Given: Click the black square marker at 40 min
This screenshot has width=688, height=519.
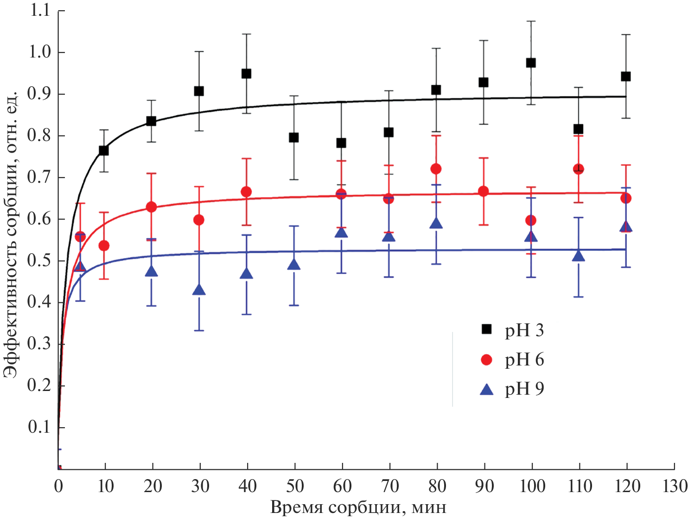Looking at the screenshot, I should [x=246, y=74].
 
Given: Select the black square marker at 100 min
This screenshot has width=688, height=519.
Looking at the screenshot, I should [x=531, y=63].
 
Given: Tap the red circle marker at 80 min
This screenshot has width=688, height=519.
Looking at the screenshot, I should [x=436, y=169].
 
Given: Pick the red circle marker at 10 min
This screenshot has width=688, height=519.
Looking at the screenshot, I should [x=104, y=245].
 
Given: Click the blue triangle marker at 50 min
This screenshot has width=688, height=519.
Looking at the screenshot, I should [x=293, y=265].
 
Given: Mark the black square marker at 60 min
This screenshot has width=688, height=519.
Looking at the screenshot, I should [x=341, y=143].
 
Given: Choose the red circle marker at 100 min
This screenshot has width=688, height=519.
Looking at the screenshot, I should [x=531, y=220].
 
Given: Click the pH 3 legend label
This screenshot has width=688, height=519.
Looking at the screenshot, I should [x=524, y=330].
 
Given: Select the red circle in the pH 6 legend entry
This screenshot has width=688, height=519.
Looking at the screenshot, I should [x=486, y=359].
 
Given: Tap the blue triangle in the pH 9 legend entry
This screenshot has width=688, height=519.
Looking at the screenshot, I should [x=486, y=389].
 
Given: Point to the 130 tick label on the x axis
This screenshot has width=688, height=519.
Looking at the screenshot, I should [x=675, y=486].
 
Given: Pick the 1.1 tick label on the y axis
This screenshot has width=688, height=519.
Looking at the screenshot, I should [x=40, y=11].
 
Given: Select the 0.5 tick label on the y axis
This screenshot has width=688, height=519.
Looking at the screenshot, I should [x=40, y=261].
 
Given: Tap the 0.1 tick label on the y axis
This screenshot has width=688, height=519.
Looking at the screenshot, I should [x=40, y=427].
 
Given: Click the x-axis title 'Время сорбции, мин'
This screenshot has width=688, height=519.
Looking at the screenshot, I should [x=358, y=507].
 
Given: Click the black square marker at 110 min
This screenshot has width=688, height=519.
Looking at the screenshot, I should [x=578, y=129].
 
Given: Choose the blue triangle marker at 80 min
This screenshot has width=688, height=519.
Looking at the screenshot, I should [x=436, y=224].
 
